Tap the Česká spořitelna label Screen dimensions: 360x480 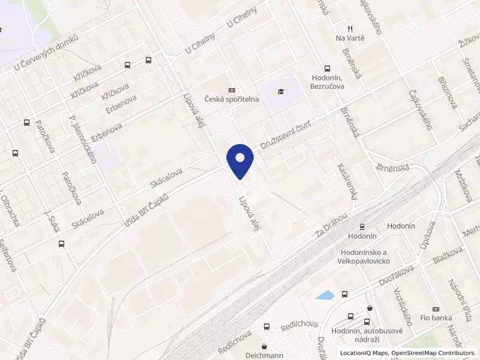[232, 99]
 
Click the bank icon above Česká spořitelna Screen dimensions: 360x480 [232, 89]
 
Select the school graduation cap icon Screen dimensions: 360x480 [280, 91]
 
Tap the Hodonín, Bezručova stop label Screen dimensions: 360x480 [327, 82]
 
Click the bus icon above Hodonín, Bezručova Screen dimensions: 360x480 [327, 69]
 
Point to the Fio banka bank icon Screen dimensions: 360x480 [436, 308]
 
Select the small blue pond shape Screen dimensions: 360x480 [325, 295]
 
